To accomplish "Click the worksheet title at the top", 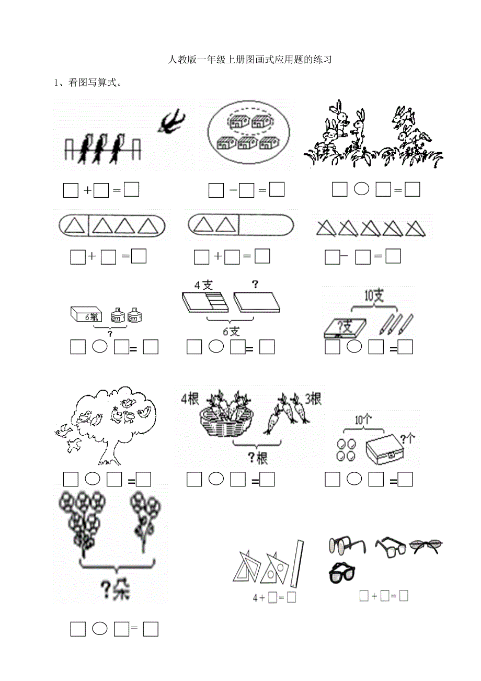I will pyautogui.click(x=250, y=60).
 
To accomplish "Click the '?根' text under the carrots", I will pyautogui.click(x=256, y=458).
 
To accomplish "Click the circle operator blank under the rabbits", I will pyautogui.click(x=361, y=189).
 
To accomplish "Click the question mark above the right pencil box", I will pyautogui.click(x=255, y=285).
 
